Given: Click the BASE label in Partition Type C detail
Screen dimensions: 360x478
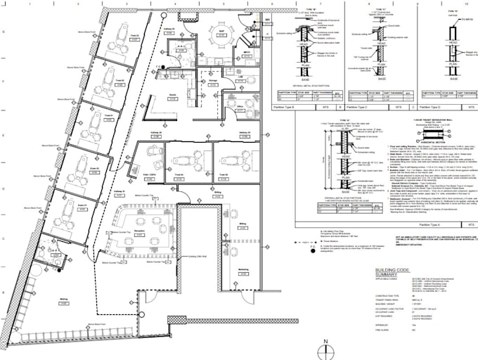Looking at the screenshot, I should point(380,79).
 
